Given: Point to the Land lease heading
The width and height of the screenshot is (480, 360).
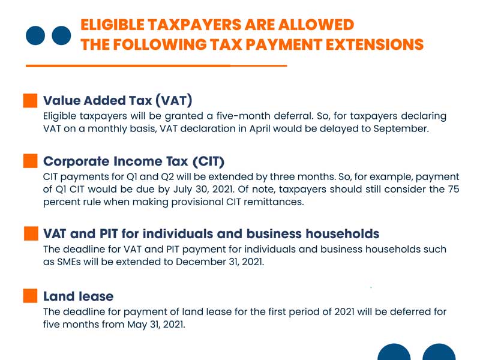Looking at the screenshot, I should (78, 296).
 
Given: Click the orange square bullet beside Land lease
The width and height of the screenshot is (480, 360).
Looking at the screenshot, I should (31, 296).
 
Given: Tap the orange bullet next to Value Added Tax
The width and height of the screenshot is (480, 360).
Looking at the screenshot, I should (31, 100).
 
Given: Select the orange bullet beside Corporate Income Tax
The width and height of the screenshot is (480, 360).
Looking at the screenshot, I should (31, 161).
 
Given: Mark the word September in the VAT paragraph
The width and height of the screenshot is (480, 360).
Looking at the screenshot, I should (401, 128).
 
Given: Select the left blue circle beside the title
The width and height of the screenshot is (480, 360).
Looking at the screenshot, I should (37, 35).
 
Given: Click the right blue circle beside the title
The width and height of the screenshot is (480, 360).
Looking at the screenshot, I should (61, 35).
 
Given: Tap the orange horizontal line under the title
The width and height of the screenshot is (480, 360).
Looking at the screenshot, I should (157, 65).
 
